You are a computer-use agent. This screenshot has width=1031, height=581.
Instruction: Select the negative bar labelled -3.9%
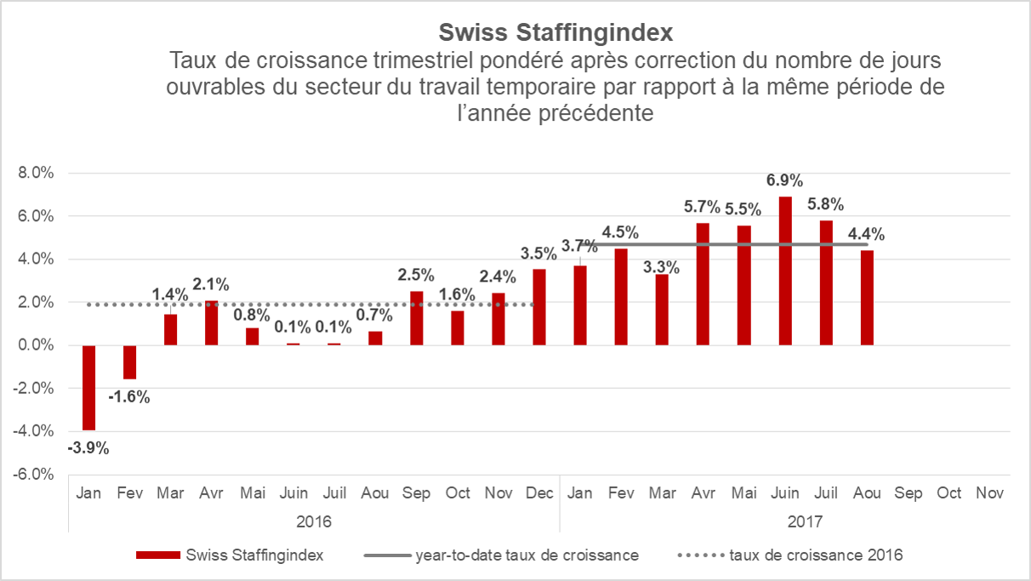[88, 388]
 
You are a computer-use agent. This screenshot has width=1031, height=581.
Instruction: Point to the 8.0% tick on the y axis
[36, 174]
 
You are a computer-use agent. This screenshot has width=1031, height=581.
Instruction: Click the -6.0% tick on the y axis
[34, 474]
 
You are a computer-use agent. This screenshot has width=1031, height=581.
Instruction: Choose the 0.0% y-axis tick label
[36, 345]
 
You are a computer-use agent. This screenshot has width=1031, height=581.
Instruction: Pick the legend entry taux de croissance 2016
[816, 555]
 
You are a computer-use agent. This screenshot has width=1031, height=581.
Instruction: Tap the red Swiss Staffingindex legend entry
[253, 555]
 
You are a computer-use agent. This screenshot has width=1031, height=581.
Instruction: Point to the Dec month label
[539, 493]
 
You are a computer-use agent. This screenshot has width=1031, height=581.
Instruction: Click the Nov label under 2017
[990, 493]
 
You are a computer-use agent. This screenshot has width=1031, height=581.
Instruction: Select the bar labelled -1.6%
[129, 362]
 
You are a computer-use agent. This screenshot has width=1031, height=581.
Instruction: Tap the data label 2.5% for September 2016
[416, 275]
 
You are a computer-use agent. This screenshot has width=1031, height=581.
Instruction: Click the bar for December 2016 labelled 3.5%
[539, 307]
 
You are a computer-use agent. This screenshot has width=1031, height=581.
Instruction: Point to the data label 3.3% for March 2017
[662, 267]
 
